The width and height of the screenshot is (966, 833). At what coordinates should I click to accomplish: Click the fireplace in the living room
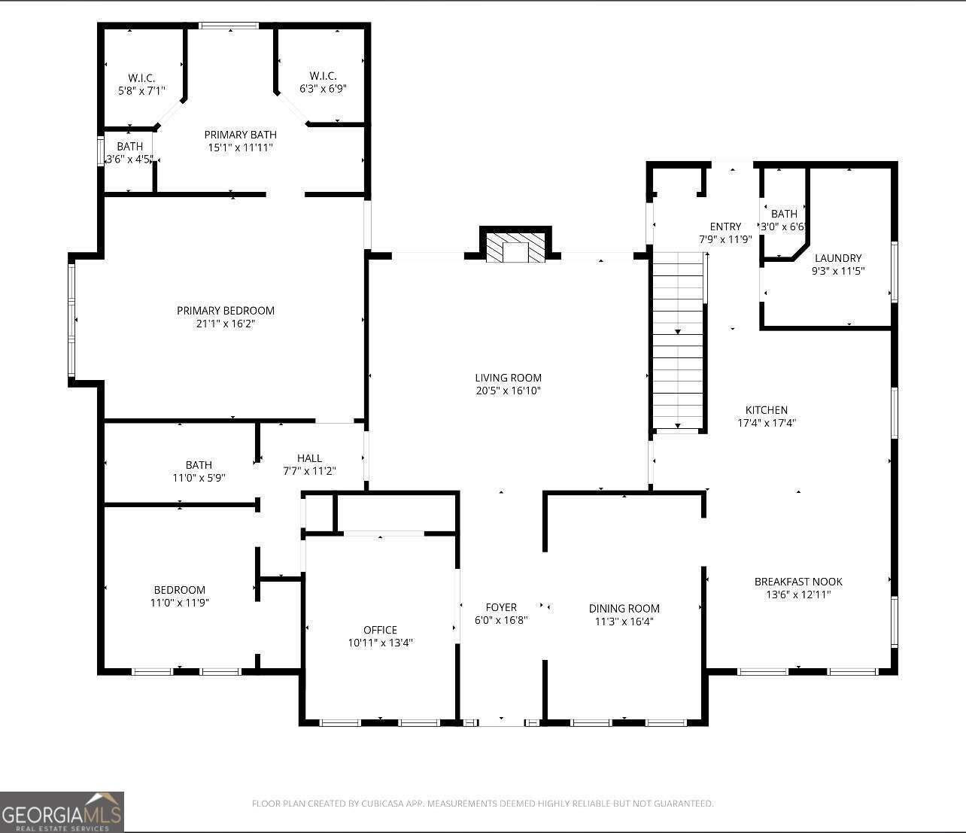(515, 248)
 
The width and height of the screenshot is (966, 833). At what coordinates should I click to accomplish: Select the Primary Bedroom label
(226, 310)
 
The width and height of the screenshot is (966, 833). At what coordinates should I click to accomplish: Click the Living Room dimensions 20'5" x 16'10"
(509, 391)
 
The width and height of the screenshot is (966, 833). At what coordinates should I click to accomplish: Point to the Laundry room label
(837, 258)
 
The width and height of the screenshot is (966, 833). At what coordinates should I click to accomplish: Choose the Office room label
(380, 630)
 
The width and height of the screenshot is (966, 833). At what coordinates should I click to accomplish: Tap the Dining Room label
(624, 608)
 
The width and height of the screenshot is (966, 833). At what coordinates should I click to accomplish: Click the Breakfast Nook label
(798, 581)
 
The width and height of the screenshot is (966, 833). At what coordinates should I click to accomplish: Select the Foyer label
(501, 607)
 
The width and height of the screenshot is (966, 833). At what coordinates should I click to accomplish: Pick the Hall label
(309, 458)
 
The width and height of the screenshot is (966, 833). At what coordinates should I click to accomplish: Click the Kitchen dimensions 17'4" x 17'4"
(767, 423)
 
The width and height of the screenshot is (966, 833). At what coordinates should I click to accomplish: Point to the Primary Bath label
(241, 134)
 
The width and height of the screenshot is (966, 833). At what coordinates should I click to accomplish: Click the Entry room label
(725, 226)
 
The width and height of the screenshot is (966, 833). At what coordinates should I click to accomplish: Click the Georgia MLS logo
(62, 812)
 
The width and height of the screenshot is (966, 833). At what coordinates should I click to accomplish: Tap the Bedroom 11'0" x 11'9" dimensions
(179, 603)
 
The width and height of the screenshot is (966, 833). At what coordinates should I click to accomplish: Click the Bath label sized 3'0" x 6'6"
(784, 214)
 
